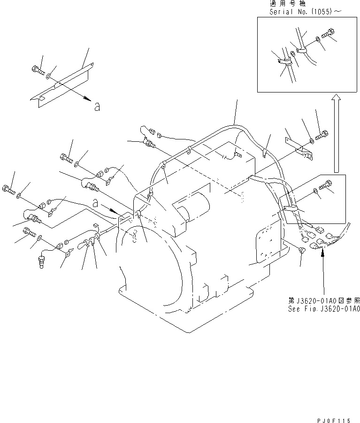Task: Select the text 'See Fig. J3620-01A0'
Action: tap(324, 309)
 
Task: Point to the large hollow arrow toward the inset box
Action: tap(336, 133)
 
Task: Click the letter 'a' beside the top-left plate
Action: tap(97, 107)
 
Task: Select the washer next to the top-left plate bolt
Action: tap(49, 75)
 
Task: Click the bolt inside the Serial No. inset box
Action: tap(328, 34)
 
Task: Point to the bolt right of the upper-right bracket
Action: tap(322, 137)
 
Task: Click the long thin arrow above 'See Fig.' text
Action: tap(323, 272)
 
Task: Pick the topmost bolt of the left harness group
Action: tap(66, 158)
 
